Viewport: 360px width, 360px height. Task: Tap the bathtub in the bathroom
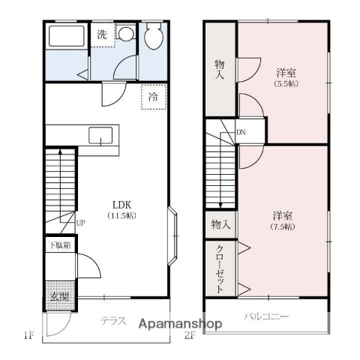(x=67, y=36)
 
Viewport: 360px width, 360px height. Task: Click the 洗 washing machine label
(x=102, y=34)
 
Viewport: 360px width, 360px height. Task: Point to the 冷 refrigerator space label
(x=153, y=97)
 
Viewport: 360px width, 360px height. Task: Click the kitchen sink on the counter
(x=100, y=135)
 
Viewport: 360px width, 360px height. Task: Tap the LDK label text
(x=122, y=205)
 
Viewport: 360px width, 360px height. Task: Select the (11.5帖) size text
(x=122, y=215)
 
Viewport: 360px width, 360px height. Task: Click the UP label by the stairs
(x=80, y=223)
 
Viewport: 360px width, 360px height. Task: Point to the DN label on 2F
(x=241, y=132)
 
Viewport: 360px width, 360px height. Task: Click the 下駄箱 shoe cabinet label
(x=60, y=245)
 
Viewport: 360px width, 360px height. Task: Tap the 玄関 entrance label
(x=59, y=297)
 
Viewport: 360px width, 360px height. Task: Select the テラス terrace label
(x=113, y=321)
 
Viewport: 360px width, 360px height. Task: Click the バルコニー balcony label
(x=266, y=316)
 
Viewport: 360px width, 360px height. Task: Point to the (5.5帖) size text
(x=286, y=84)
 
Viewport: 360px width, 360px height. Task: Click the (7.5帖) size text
(x=283, y=226)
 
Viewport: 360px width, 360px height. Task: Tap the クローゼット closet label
(x=220, y=269)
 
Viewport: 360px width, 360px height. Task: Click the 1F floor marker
(x=28, y=335)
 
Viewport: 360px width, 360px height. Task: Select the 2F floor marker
(x=189, y=335)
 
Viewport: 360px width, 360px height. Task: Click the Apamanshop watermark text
(x=180, y=324)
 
